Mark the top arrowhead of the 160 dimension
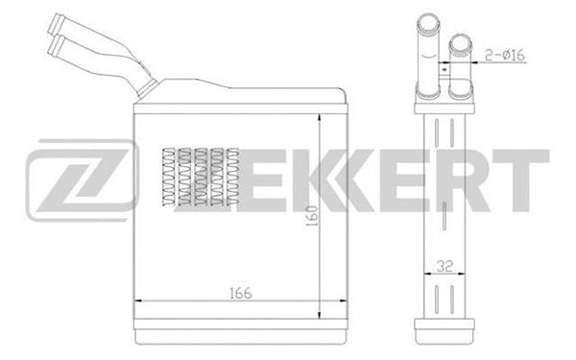[x=320, y=116]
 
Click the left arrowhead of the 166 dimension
[x=136, y=303]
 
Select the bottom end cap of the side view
[x=444, y=330]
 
